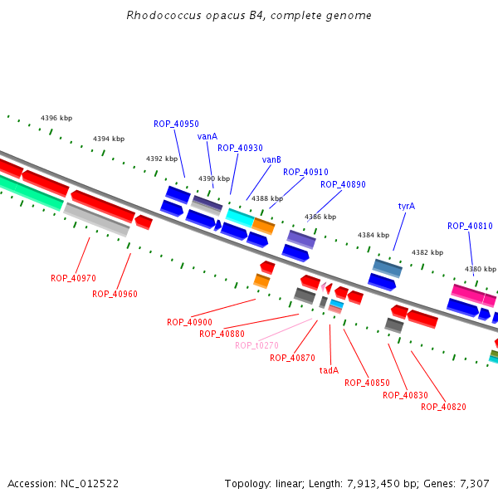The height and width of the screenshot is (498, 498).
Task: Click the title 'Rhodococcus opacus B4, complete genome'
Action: tap(249, 16)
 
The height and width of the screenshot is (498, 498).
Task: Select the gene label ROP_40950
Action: tap(176, 124)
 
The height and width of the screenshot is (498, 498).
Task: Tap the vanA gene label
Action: tap(207, 136)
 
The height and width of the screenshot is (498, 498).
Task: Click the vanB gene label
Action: tap(271, 159)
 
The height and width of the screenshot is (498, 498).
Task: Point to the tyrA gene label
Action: tap(407, 206)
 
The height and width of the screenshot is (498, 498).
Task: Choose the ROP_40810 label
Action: tap(470, 226)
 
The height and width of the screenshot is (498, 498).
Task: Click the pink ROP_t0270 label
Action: tap(256, 345)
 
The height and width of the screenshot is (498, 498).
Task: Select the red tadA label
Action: tap(329, 370)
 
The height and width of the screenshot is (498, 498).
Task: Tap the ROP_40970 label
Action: tap(73, 278)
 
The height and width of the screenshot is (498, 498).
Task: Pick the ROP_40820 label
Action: tap(443, 407)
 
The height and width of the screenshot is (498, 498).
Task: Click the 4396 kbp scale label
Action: tap(56, 119)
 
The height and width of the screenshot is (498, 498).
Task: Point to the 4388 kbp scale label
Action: tap(267, 198)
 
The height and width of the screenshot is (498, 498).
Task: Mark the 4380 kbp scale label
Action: tap(480, 269)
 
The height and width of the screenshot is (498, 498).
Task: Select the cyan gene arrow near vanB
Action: tap(239, 217)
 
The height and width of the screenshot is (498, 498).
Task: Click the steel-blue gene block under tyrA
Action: tap(387, 268)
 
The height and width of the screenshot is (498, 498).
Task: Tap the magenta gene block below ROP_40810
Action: tap(468, 293)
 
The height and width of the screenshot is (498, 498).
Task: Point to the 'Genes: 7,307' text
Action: tap(460, 483)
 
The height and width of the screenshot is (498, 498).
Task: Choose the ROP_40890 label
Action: tap(343, 184)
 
